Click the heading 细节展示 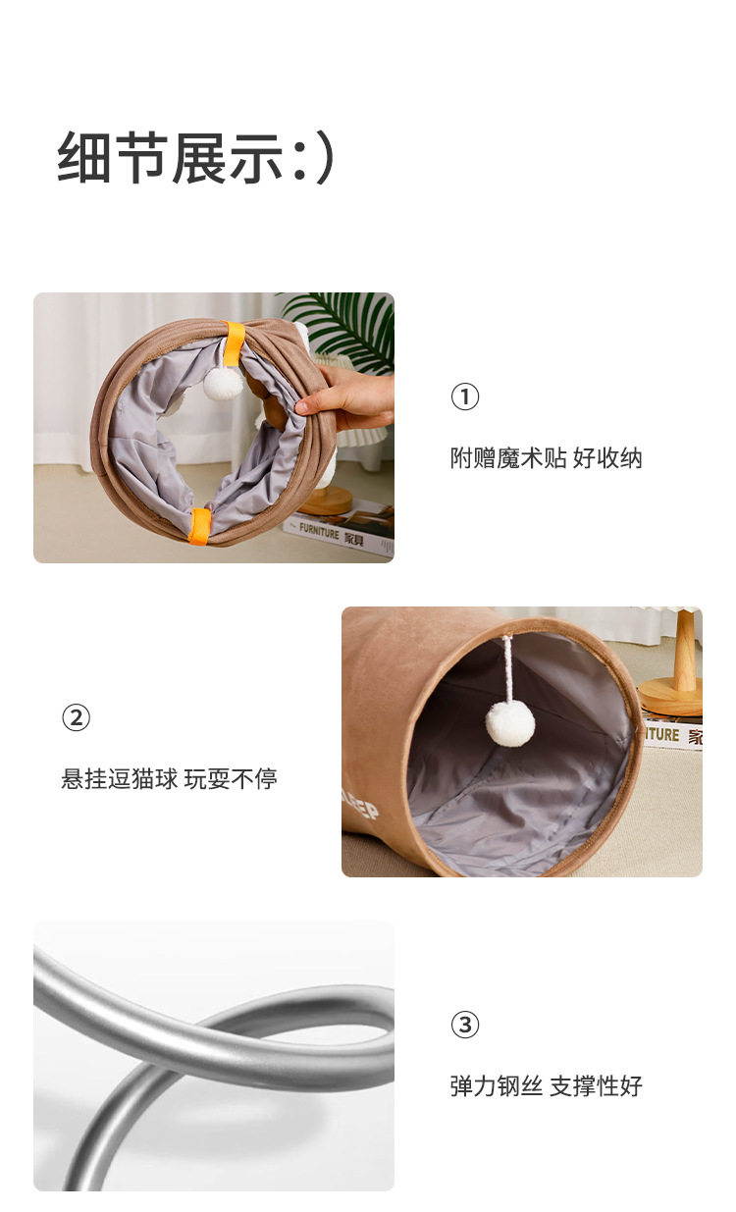pyautogui.click(x=170, y=157)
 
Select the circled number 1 pyautogui.click(x=465, y=396)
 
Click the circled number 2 pyautogui.click(x=76, y=717)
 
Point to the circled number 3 pyautogui.click(x=465, y=1025)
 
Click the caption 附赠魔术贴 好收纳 pyautogui.click(x=546, y=458)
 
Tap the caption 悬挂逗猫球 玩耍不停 pyautogui.click(x=169, y=779)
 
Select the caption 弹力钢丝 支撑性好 pyautogui.click(x=546, y=1086)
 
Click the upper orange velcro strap pyautogui.click(x=234, y=344)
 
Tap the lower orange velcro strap pyautogui.click(x=200, y=525)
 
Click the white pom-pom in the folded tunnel pyautogui.click(x=223, y=383)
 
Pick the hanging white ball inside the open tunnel pyautogui.click(x=509, y=723)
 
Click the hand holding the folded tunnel pyautogui.click(x=346, y=397)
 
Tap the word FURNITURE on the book pyautogui.click(x=319, y=531)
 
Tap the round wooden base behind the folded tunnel pyautogui.click(x=325, y=500)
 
